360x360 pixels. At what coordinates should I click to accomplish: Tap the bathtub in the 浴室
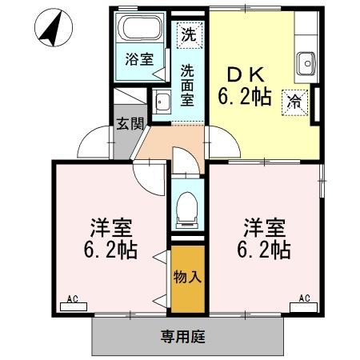tap(139, 30)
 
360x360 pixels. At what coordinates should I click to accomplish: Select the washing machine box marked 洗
tap(187, 35)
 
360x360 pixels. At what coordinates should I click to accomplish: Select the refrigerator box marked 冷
tap(294, 102)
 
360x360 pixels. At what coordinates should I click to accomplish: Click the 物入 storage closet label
tap(187, 279)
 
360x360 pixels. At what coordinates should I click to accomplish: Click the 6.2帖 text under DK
tap(246, 98)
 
